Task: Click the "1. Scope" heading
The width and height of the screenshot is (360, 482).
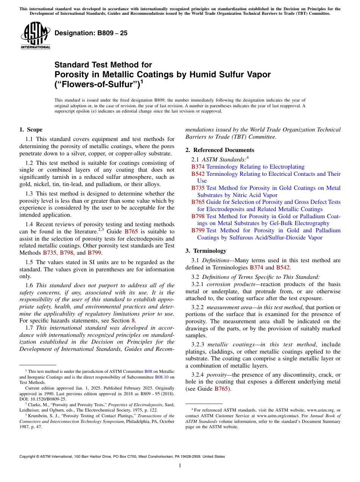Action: [31, 130]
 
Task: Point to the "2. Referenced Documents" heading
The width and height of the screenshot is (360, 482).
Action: [220, 150]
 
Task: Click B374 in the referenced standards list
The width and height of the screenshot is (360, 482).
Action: [198, 167]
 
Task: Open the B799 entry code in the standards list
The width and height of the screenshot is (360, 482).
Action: [198, 230]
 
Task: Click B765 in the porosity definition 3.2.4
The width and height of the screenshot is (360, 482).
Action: [221, 389]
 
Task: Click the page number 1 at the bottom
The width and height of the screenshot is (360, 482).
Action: [180, 466]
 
